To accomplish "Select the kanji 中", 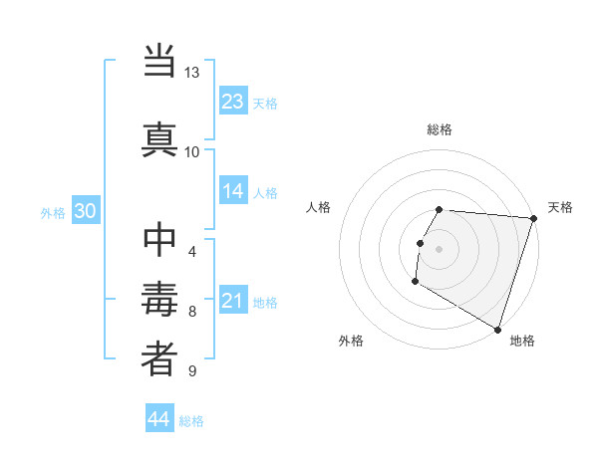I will [159, 241].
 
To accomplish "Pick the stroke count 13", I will [192, 74].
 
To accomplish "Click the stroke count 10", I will [192, 152].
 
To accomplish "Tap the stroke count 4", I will [192, 251].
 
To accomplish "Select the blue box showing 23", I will [233, 102].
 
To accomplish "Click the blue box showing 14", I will [233, 191].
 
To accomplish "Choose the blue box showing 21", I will [233, 301].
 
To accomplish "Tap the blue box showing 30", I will [85, 211].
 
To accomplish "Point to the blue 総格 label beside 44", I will [191, 421].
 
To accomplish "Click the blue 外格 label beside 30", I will [53, 212].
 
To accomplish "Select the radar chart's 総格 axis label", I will [440, 129].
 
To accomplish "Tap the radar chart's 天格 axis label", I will [560, 207].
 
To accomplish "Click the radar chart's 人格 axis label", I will [319, 207].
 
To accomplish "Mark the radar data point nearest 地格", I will [497, 329].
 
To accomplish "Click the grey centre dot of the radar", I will [440, 248].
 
